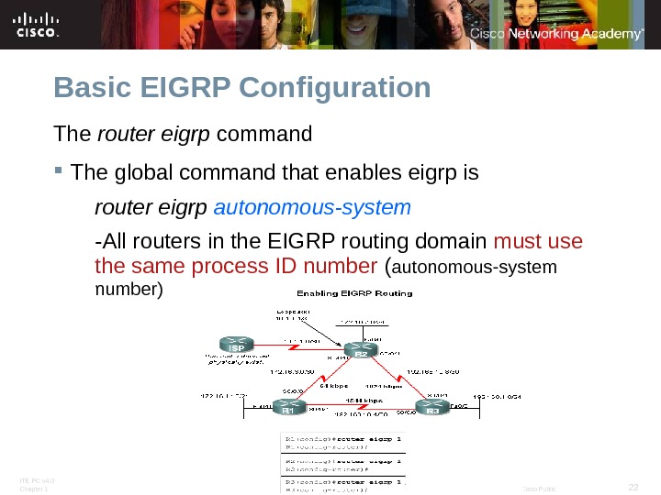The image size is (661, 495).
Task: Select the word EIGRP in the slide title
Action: coord(186,88)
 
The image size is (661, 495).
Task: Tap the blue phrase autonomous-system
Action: coord(312,207)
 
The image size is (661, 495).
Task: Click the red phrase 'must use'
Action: coord(538,242)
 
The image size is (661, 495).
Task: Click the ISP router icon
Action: coord(236,347)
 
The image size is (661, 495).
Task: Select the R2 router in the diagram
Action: coord(361,351)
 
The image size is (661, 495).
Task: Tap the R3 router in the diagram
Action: coord(432,407)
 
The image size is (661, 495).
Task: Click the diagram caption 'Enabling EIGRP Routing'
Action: coord(353,293)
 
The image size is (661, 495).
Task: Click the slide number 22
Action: coord(632,486)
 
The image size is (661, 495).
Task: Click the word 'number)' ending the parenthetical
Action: coord(129,290)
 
